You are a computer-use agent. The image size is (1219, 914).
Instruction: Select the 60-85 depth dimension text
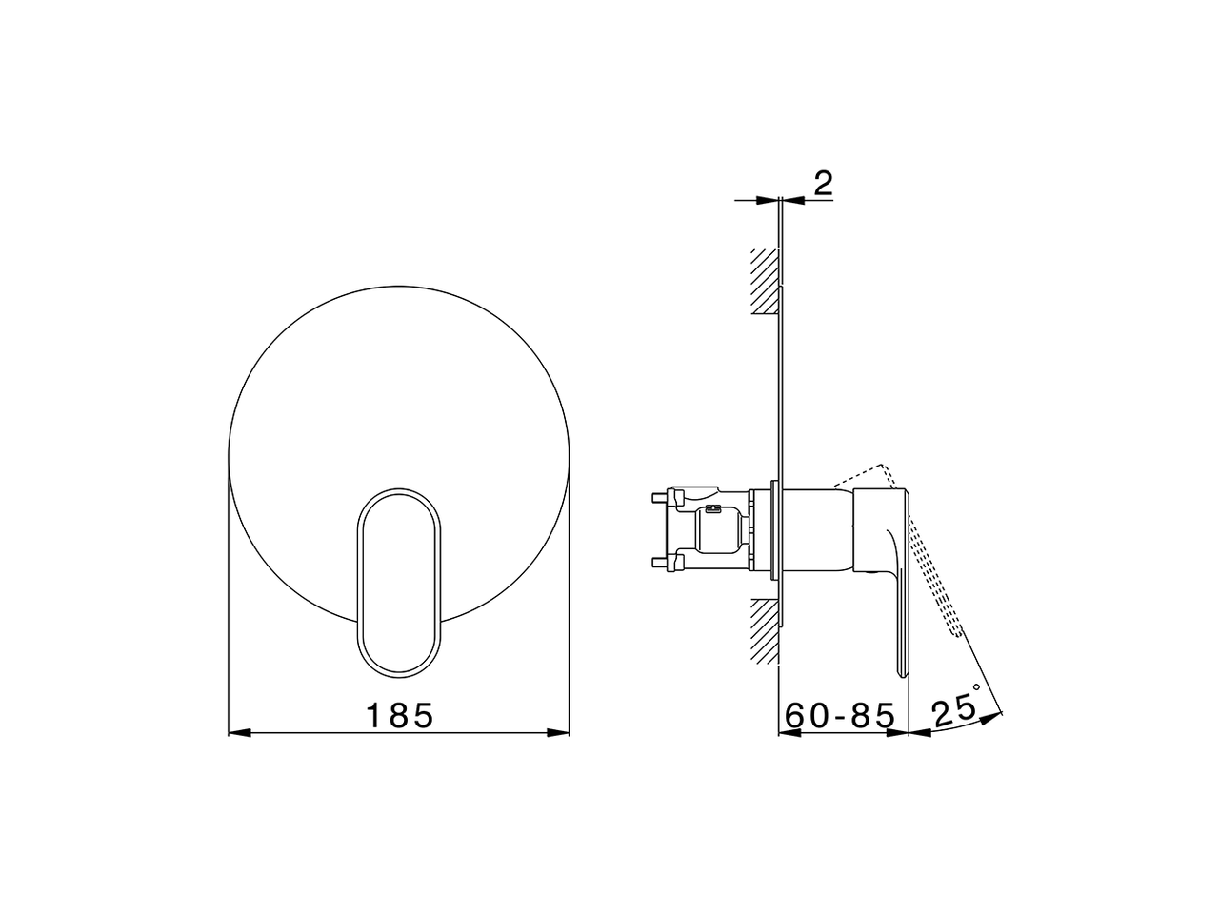pyautogui.click(x=840, y=715)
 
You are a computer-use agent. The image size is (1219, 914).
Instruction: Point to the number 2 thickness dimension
pyautogui.click(x=824, y=183)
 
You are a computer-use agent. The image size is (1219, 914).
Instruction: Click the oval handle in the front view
pyautogui.click(x=399, y=584)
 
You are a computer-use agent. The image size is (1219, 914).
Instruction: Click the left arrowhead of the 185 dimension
pyautogui.click(x=238, y=732)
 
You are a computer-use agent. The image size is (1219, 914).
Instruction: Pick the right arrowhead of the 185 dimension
pyautogui.click(x=559, y=732)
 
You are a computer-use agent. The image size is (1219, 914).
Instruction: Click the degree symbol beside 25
pyautogui.click(x=976, y=686)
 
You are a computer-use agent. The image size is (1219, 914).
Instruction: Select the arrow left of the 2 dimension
pyautogui.click(x=767, y=200)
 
